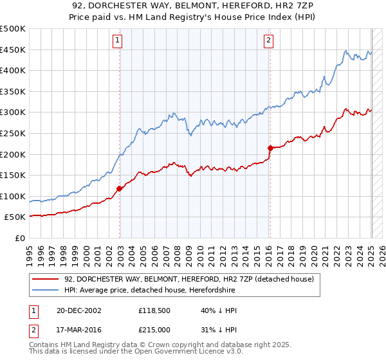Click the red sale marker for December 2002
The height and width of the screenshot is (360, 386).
(x=120, y=188)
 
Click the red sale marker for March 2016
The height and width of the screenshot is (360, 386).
(x=270, y=148)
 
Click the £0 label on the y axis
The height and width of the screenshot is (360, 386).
(x=21, y=238)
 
